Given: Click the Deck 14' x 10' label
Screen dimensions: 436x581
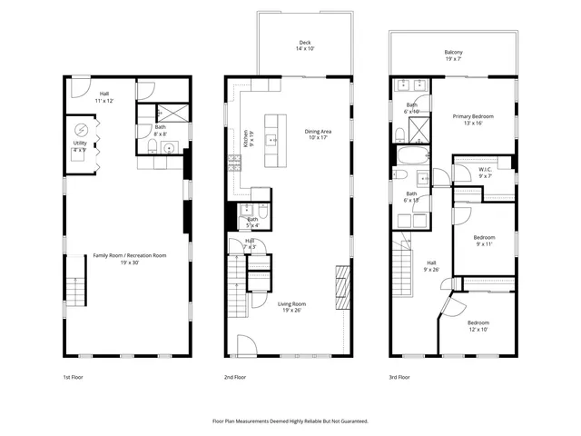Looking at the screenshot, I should coord(305,46).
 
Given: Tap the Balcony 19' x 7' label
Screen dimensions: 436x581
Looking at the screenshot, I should coord(453,56).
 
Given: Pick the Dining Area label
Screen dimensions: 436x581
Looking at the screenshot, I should coord(319,134).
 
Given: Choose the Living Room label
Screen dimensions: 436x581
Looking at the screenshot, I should coord(291,307).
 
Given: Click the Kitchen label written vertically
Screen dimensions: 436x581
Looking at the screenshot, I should coord(245,139).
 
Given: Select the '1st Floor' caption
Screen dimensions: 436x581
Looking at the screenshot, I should coord(74,376).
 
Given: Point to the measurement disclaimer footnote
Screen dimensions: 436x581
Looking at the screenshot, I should coord(290,421).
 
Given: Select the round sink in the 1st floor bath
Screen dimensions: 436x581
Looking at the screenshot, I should coord(168,145).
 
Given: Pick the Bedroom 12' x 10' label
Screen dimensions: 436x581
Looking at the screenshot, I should coord(478,326).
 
